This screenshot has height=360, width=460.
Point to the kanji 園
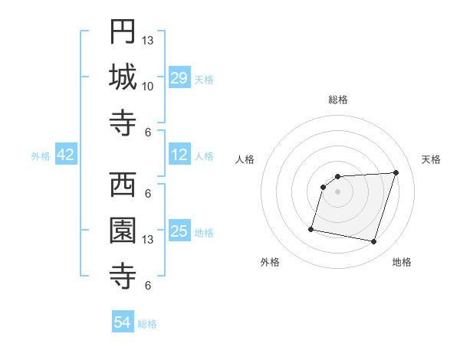[x=123, y=230]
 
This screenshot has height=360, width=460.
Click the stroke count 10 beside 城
[x=148, y=86]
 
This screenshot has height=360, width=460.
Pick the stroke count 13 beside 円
[x=148, y=40]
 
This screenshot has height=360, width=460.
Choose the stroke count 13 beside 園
[x=148, y=239]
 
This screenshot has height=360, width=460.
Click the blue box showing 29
[x=179, y=78]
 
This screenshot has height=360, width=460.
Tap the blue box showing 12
[x=179, y=155]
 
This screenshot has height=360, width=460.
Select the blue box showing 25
[x=179, y=231]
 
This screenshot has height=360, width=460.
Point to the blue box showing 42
[x=66, y=155]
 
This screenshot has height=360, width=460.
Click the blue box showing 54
[x=123, y=322]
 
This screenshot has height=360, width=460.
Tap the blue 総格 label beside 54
[x=147, y=324]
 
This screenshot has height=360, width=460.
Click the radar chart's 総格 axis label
[x=338, y=100]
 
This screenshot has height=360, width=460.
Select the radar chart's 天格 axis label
[x=432, y=159]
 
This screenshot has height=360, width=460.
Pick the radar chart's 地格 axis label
[x=402, y=263]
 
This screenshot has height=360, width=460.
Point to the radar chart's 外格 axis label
[x=270, y=263]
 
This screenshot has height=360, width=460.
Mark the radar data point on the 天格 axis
[x=396, y=172]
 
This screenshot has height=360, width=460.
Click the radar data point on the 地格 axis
[x=373, y=241]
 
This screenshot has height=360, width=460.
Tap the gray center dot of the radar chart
[x=338, y=191]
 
